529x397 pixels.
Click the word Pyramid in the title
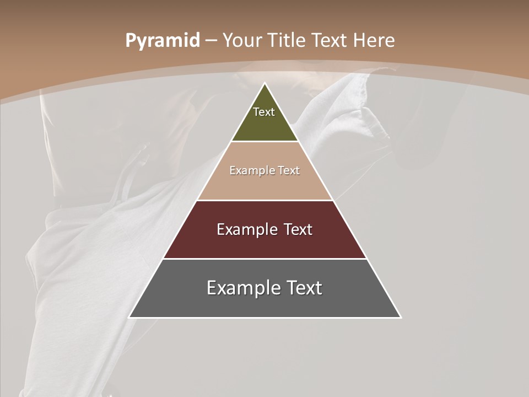(x=162, y=41)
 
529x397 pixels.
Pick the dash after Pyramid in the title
(x=211, y=41)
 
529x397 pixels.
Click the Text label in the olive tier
(x=264, y=112)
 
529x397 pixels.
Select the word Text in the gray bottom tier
(x=303, y=288)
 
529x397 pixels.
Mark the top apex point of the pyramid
(x=264, y=84)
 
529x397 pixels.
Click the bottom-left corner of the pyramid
(x=129, y=317)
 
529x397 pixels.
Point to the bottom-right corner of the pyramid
(x=400, y=317)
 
